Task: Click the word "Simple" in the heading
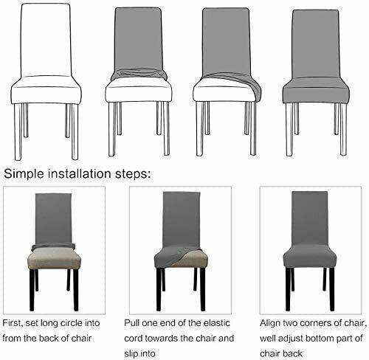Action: (x=24, y=174)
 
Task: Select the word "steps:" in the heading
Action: (x=133, y=174)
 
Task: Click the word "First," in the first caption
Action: (x=13, y=323)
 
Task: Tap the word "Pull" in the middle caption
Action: (x=131, y=323)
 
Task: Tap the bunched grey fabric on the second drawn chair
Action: (x=139, y=75)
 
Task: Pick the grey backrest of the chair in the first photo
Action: (x=53, y=219)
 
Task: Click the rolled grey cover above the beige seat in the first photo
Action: (x=53, y=246)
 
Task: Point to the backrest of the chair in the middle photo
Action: (x=182, y=219)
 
